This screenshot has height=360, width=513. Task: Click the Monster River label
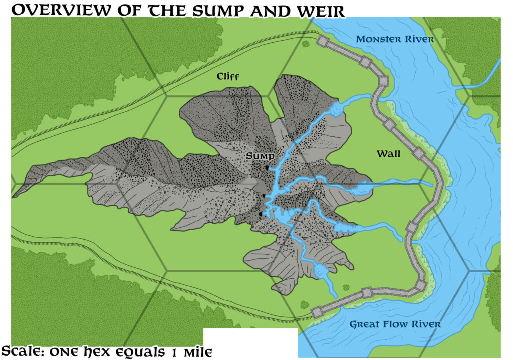[x=395, y=39]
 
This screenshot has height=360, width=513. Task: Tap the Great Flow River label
[x=395, y=324]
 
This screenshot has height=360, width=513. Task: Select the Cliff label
[x=228, y=76]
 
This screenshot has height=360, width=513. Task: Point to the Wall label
[x=389, y=154]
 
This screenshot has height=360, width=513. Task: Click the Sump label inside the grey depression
[x=260, y=157]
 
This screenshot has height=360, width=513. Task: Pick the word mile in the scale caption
[x=197, y=352]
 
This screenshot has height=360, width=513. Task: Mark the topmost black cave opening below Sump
[x=268, y=169]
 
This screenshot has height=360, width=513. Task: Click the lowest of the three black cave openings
[x=261, y=214]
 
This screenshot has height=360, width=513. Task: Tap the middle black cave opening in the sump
[x=264, y=195]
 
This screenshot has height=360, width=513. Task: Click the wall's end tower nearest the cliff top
[x=321, y=42]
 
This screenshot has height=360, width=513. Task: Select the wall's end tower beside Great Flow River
[x=316, y=312]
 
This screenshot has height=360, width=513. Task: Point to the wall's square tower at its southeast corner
[x=420, y=286]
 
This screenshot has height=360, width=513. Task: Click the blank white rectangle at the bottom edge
[x=250, y=343]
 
